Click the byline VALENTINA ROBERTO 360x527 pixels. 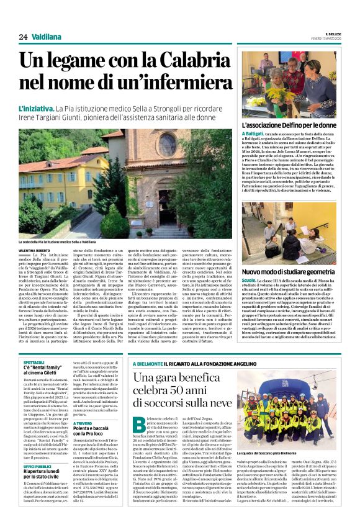[34, 250]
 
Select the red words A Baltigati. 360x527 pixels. [254, 134]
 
